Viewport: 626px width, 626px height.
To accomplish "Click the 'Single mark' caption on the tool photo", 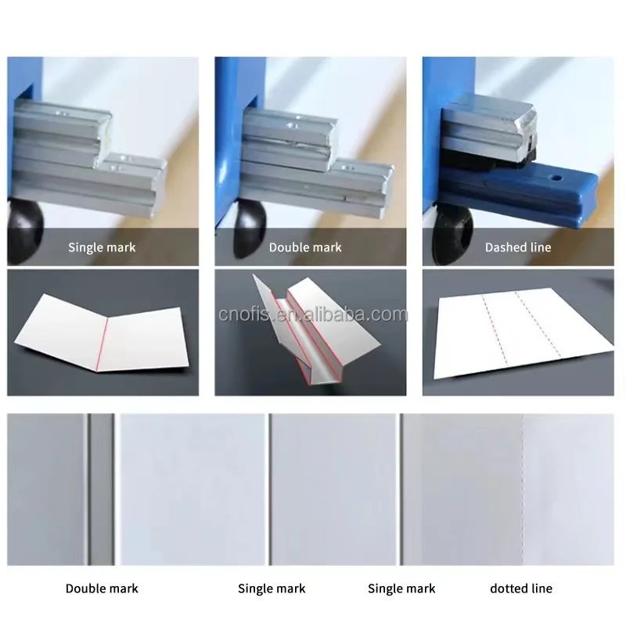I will click(102, 247).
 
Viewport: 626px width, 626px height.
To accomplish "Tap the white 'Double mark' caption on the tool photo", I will click(305, 247).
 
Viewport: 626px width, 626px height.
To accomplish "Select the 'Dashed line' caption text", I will click(517, 247).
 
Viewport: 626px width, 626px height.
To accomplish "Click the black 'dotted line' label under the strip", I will click(520, 588).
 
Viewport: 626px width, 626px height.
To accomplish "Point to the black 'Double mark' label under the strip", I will click(102, 588).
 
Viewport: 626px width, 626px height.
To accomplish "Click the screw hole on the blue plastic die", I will click(556, 178).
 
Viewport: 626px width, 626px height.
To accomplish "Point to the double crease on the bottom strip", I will click(88, 489).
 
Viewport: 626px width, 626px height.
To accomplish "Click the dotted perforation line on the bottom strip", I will click(522, 489).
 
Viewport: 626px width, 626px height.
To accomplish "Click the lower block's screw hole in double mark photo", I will click(349, 165).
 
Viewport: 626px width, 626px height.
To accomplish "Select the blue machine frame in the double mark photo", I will click(229, 156).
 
